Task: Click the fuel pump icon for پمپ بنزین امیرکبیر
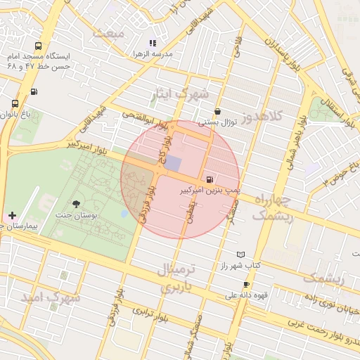(211, 179)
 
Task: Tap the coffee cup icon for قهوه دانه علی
(246, 284)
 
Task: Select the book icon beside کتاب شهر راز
(242, 254)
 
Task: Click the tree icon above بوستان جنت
(76, 204)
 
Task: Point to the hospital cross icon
(12, 214)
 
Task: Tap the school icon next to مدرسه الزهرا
(153, 43)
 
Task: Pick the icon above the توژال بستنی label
(217, 111)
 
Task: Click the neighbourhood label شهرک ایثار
(181, 95)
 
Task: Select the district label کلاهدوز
(261, 116)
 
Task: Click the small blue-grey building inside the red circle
(173, 162)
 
